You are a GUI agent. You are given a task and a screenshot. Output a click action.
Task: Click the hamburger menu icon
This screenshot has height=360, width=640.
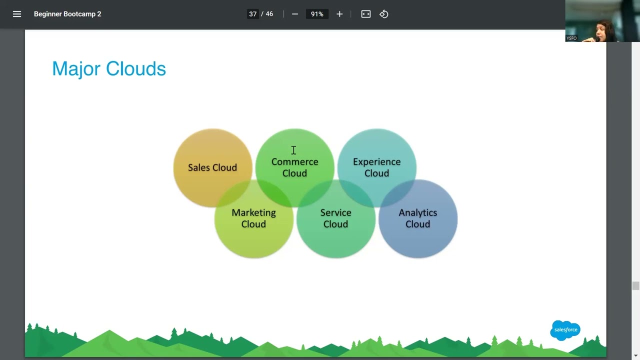17,14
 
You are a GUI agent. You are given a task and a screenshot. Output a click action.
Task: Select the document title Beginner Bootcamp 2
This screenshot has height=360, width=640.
67,14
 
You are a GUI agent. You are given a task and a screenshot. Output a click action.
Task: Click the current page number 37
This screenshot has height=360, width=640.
253,14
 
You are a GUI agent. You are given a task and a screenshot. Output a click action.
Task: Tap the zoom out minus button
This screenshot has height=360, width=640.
295,14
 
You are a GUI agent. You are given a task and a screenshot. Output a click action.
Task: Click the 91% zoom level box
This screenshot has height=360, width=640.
317,14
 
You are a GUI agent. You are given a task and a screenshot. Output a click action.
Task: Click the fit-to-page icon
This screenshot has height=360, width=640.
366,14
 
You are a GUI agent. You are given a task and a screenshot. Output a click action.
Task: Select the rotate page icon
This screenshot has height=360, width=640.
384,14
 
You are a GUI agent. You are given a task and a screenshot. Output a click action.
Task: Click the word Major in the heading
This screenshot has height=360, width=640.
76,69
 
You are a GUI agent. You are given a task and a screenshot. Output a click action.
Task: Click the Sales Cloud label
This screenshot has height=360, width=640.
212,167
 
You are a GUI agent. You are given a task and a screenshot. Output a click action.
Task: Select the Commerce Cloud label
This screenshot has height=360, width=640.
294,167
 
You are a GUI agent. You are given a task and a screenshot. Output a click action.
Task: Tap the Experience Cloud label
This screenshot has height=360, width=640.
376,167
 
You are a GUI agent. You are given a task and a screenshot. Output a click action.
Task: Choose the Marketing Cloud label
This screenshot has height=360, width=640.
253,218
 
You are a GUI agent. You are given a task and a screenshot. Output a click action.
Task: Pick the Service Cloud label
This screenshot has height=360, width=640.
335,218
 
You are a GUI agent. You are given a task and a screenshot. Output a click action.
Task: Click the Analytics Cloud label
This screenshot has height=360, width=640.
417,218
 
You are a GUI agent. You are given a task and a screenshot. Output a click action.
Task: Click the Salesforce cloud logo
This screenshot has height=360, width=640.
565,330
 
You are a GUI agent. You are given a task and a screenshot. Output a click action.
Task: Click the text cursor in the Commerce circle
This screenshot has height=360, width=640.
293,150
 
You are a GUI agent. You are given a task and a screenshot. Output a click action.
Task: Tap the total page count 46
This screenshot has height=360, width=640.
269,14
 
